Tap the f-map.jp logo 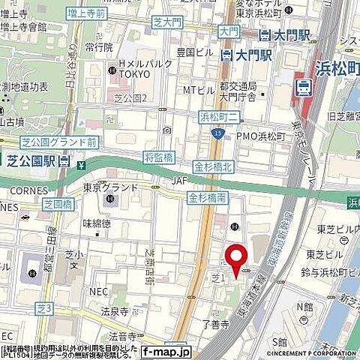point(166,350)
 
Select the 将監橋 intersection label point(159,157)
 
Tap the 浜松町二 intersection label point(217,115)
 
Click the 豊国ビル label point(190,52)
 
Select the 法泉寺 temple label point(115,309)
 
